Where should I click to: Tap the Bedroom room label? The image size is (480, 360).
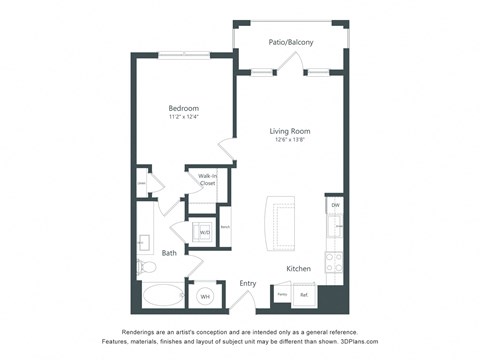pyautogui.click(x=183, y=108)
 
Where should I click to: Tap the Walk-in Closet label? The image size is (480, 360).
pyautogui.click(x=207, y=180)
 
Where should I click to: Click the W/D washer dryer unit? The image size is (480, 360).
pyautogui.click(x=204, y=232)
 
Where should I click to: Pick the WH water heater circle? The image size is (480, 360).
pyautogui.click(x=204, y=296)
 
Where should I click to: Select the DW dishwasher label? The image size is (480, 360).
pyautogui.click(x=335, y=205)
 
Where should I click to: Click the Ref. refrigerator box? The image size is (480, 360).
pyautogui.click(x=305, y=294)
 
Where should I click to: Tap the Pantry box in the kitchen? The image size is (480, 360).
pyautogui.click(x=282, y=294)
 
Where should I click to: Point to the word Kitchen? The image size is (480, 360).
pyautogui.click(x=299, y=269)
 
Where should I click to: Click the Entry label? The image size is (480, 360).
pyautogui.click(x=248, y=283)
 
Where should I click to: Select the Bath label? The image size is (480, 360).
pyautogui.click(x=170, y=253)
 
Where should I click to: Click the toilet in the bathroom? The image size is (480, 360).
pyautogui.click(x=146, y=266)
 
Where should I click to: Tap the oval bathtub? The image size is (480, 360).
pyautogui.click(x=162, y=296)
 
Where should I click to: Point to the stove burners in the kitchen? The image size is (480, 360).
pyautogui.click(x=336, y=263)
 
